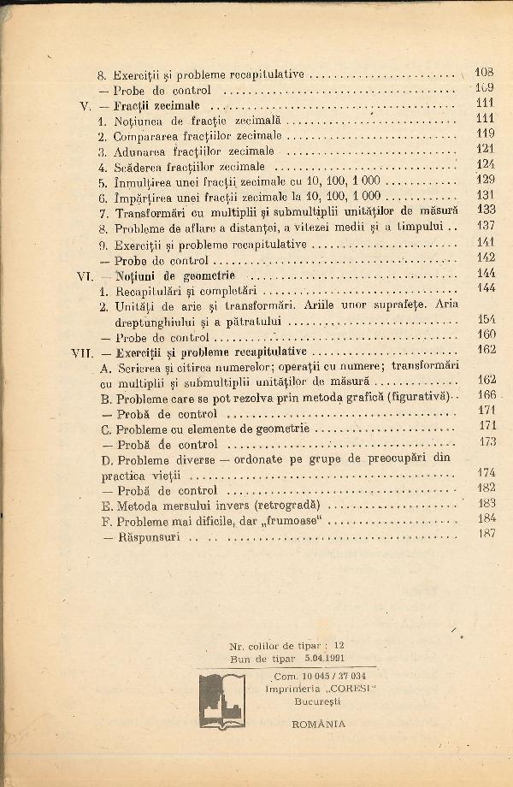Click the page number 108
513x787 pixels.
[484, 74]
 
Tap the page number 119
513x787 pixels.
[486, 133]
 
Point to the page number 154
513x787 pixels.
[486, 319]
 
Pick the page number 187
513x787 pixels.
[487, 534]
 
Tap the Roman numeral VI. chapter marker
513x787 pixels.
[83, 276]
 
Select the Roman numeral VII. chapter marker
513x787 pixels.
[82, 351]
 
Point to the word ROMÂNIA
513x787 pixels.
[318, 723]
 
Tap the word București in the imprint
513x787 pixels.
[319, 700]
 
